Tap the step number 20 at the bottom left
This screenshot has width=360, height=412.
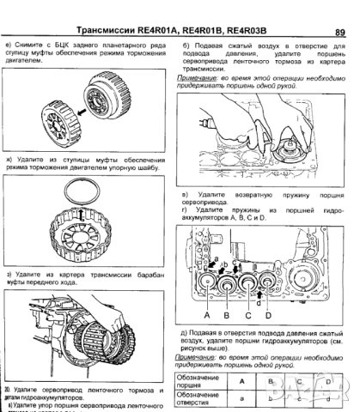click(x=8, y=390)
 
